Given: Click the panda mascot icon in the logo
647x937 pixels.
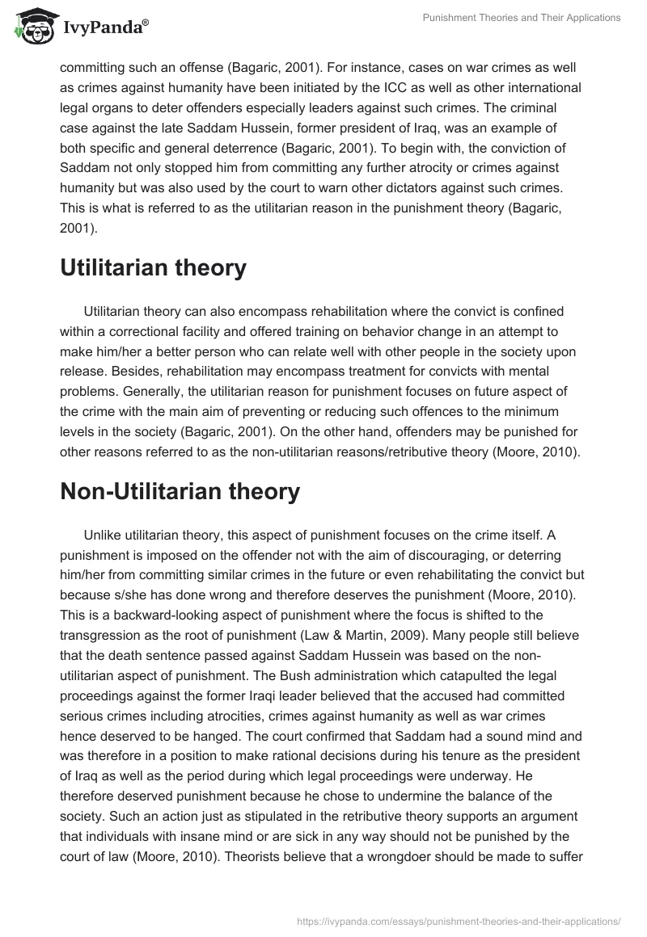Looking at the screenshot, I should click(x=32, y=26).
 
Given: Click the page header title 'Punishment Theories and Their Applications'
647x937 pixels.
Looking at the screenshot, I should click(x=522, y=18).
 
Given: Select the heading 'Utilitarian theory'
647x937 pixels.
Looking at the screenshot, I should click(x=153, y=267).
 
